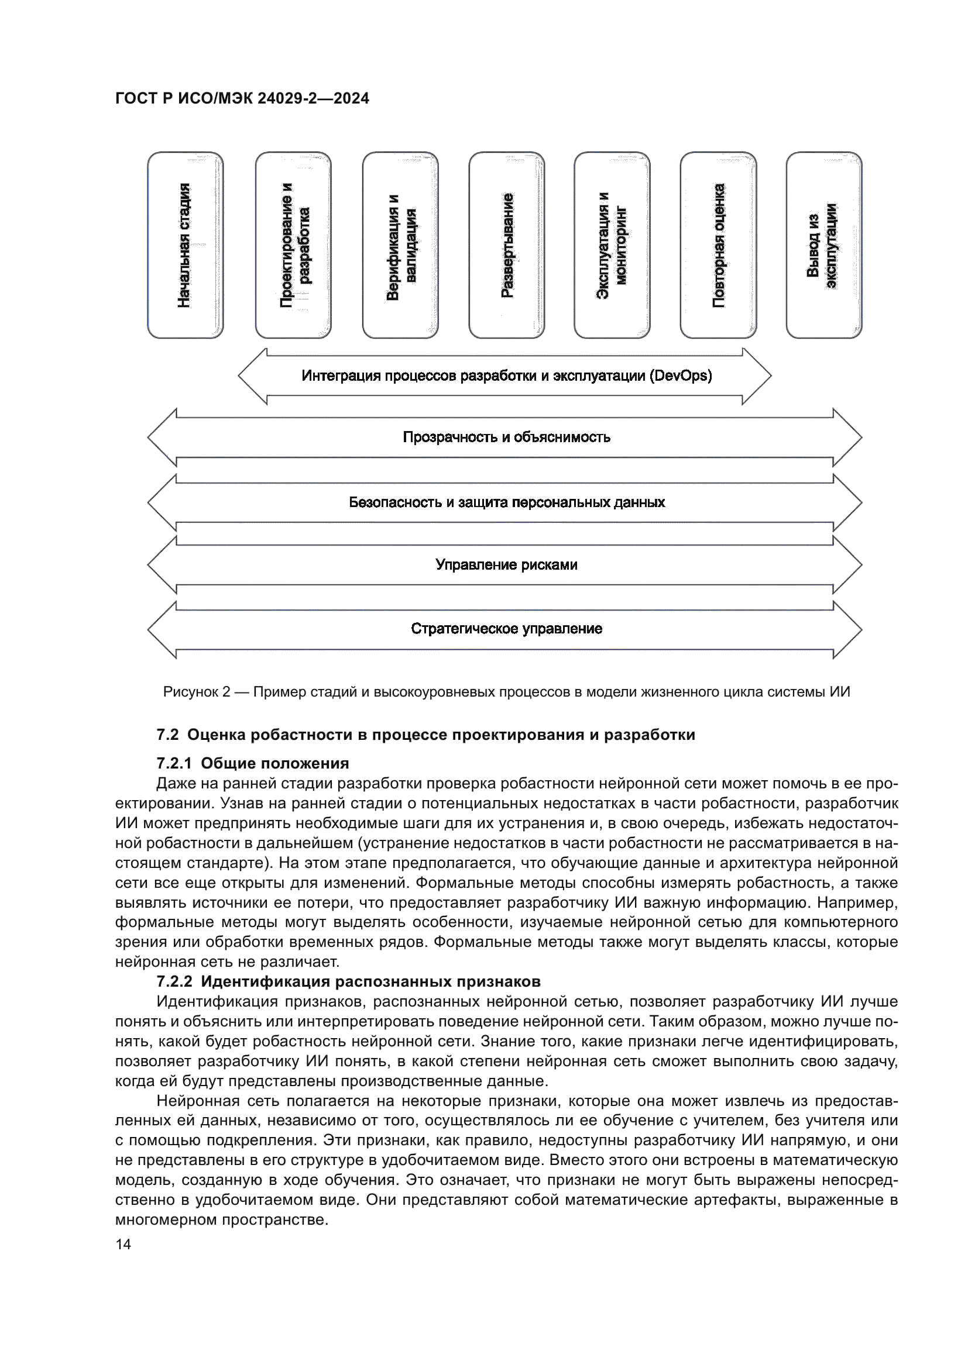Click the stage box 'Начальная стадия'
click(186, 245)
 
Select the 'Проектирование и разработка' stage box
click(293, 245)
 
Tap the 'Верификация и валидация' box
click(400, 245)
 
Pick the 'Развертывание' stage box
click(507, 245)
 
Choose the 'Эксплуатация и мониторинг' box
click(612, 245)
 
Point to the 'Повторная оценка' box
click(718, 245)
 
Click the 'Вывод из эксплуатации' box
click(824, 245)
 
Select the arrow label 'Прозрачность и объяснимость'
click(507, 437)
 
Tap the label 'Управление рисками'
click(507, 565)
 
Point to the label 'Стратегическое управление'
click(507, 629)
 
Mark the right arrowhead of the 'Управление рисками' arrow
click(847, 565)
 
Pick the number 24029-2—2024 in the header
click(313, 98)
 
